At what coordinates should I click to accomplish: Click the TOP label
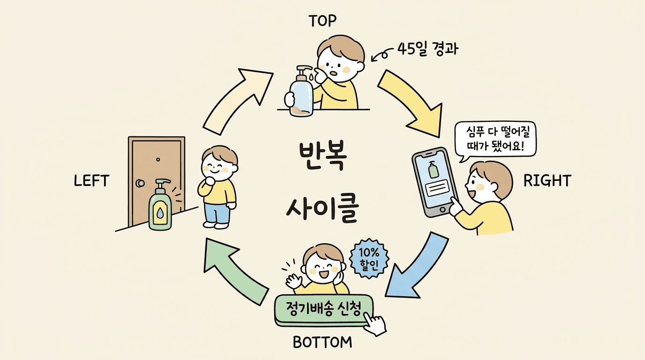tap(323, 21)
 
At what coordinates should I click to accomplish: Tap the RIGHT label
tap(547, 180)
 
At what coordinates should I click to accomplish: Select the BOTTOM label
tap(322, 343)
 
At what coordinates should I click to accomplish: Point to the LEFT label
tap(91, 181)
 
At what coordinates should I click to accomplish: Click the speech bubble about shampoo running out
tap(495, 139)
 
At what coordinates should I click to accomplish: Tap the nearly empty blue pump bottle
tap(300, 94)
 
